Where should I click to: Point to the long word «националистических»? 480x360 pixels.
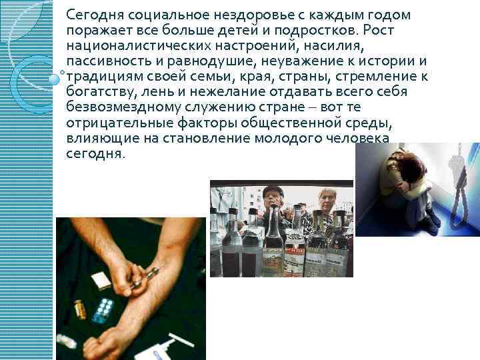[x=139, y=46]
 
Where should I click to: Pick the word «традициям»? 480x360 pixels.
[x=105, y=77]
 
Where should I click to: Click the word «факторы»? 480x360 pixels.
[x=207, y=123]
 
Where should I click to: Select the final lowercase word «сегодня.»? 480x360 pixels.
[x=96, y=154]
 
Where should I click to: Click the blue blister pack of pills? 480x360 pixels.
[x=103, y=310]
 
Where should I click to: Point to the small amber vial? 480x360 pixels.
[x=80, y=309]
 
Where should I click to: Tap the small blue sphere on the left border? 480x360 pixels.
[x=55, y=79]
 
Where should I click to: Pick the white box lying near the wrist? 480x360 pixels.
[x=102, y=281]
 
